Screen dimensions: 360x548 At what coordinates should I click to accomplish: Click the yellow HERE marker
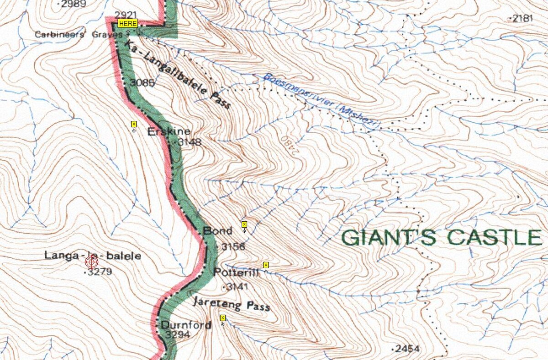point(128,23)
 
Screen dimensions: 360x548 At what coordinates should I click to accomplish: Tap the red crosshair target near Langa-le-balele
point(92,262)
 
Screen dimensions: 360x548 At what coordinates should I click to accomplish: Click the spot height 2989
point(73,4)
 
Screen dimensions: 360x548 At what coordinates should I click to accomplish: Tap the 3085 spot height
point(142,83)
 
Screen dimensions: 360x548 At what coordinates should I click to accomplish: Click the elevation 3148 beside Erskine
point(189,142)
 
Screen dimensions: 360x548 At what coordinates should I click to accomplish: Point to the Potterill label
point(236,272)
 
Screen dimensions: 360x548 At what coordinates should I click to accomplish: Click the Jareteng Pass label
point(231,303)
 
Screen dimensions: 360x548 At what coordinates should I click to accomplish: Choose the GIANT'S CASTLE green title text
point(441,238)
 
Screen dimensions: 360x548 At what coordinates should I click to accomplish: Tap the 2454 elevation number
point(408,349)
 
